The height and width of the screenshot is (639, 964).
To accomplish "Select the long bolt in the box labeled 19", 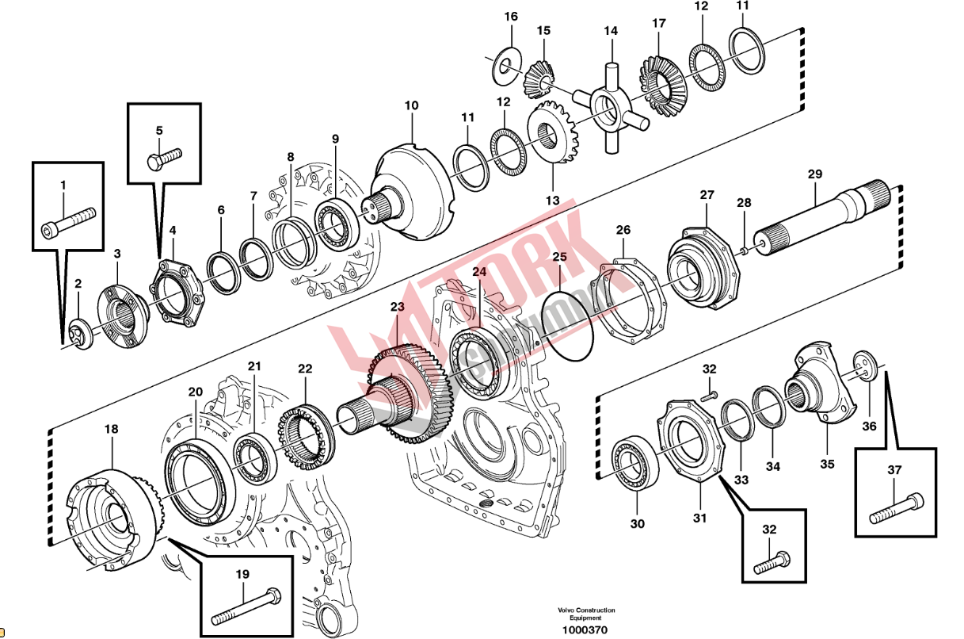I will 246,604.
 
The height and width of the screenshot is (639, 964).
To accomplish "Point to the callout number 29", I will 815,174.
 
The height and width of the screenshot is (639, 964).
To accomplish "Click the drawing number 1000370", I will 585,630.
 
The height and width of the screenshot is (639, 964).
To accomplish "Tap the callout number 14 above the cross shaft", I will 610,32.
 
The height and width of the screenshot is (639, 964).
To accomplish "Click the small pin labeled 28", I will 745,251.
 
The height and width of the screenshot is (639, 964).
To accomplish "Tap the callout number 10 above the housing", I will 411,105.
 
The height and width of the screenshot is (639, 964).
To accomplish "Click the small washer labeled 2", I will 80,330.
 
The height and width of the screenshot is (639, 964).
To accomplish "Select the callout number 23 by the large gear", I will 397,307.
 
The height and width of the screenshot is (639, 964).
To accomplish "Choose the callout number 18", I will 111,429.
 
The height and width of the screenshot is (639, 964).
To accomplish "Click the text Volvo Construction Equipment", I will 585,614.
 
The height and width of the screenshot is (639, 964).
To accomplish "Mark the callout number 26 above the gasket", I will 623,230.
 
